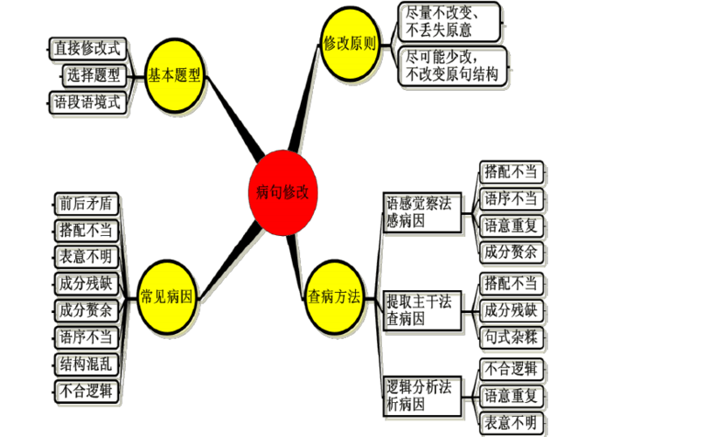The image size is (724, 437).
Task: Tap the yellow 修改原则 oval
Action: coord(349,43)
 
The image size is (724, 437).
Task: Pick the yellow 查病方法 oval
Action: coord(334,295)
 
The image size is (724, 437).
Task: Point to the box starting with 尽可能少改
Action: coord(454,68)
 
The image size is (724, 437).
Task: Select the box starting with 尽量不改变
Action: coord(450,22)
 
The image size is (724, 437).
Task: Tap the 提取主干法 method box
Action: coord(423,310)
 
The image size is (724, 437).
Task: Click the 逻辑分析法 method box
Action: coord(423,396)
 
